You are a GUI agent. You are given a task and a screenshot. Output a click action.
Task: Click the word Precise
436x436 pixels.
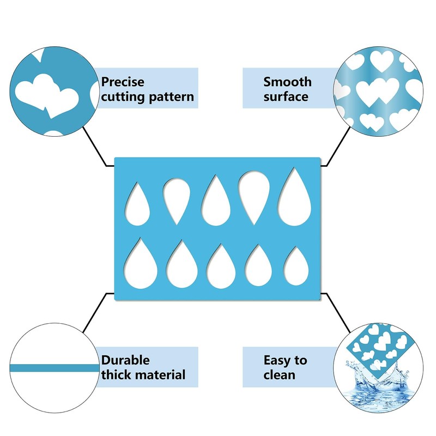[123, 82]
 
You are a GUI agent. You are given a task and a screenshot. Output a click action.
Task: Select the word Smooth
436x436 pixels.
[288, 82]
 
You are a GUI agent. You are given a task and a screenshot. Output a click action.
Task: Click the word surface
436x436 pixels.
[286, 97]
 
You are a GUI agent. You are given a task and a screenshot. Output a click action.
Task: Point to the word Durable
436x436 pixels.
[125, 360]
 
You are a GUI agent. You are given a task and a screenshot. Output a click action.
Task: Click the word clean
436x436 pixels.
[280, 375]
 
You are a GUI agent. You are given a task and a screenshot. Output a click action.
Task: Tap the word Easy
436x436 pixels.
[276, 361]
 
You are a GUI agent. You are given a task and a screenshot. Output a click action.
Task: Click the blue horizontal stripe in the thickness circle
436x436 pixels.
[55, 368]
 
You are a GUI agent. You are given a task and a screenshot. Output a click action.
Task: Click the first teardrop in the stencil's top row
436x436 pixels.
[137, 204]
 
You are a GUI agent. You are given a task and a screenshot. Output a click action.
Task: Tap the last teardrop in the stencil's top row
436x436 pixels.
[295, 197]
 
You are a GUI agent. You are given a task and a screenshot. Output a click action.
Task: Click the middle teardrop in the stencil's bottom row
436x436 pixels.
[221, 266]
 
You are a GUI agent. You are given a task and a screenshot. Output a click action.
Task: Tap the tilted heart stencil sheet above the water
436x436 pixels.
[379, 351]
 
